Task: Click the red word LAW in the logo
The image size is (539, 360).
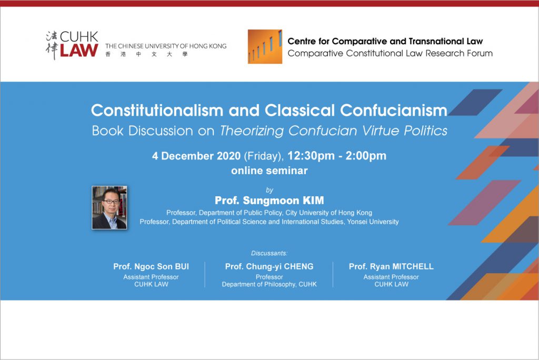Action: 79,50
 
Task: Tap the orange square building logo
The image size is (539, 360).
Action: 265,46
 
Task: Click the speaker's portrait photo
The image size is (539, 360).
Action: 109,208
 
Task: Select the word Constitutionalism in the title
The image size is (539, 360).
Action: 157,111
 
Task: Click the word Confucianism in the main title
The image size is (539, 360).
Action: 394,111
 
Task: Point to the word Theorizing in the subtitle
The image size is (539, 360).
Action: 252,131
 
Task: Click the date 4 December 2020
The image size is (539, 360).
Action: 196,156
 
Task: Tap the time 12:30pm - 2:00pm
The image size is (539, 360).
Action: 337,156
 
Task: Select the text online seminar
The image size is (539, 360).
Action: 269,171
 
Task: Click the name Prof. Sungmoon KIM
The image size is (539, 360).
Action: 269,201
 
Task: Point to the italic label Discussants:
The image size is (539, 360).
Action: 269,253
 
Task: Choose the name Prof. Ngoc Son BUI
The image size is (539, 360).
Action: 151,266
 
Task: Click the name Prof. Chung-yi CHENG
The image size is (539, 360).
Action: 269,266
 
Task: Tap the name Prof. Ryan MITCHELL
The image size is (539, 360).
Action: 391,266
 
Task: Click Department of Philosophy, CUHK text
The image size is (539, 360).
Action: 269,284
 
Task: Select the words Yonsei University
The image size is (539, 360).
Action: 373,222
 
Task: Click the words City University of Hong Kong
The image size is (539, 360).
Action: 329,213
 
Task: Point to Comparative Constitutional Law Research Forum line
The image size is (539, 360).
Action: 390,53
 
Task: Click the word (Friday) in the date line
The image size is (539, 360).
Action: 264,156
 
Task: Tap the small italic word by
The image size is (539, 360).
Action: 269,190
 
